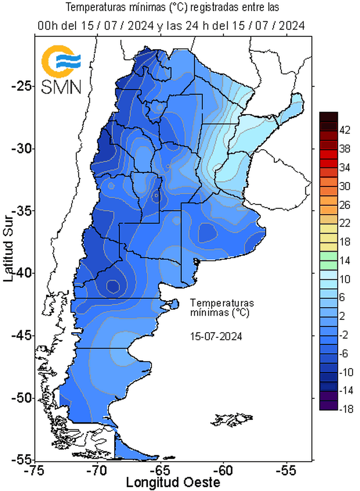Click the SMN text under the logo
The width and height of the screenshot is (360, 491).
coord(62,87)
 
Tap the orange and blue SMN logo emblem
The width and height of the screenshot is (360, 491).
coord(61,62)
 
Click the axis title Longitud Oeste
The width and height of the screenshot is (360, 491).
coord(173,482)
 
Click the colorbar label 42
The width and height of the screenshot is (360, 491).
coord(345,131)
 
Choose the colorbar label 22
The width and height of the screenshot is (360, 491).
coord(345,223)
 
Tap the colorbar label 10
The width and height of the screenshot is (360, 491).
coord(345,279)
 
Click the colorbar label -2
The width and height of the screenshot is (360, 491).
coord(345,335)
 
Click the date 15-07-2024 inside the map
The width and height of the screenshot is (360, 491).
coord(216,336)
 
